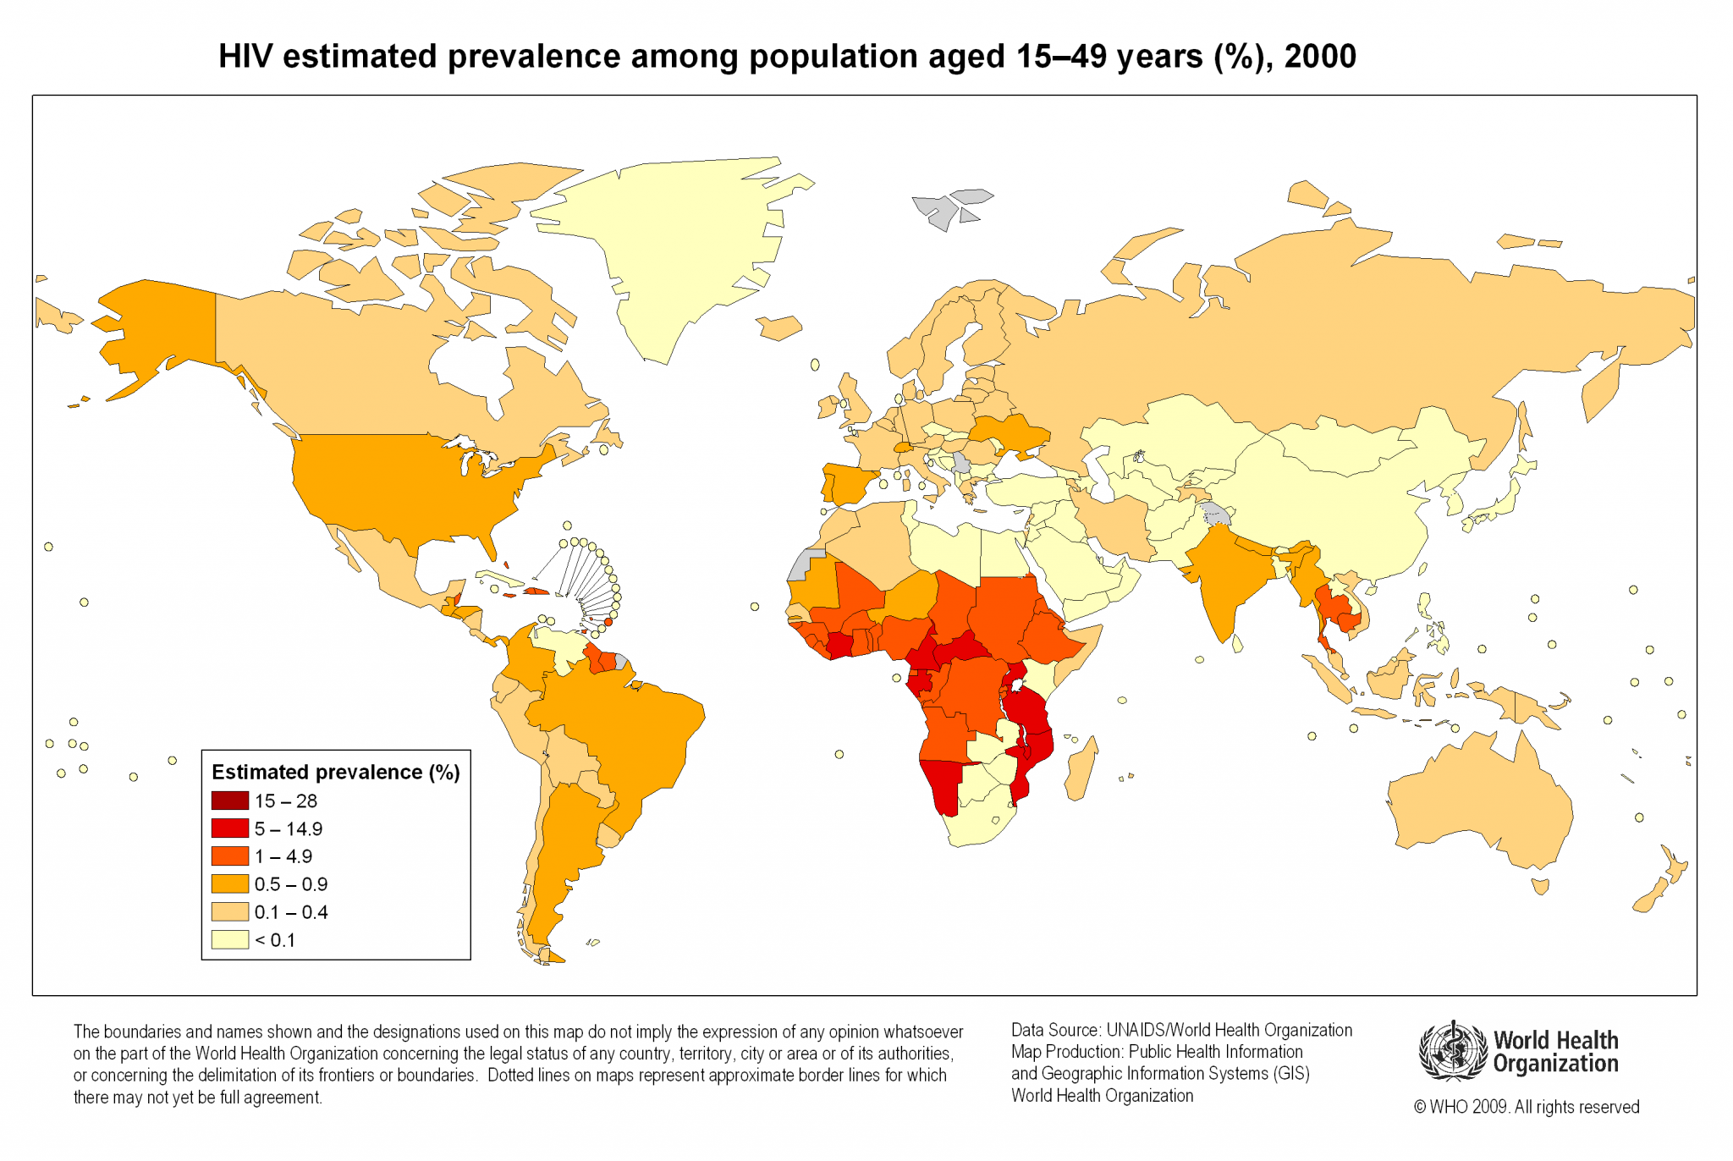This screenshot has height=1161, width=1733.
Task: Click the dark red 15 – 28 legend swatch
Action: [229, 801]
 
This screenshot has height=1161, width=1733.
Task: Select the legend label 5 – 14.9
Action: [288, 829]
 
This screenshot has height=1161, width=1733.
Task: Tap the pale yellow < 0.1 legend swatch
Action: [229, 940]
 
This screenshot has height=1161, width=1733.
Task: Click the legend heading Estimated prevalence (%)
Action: [335, 773]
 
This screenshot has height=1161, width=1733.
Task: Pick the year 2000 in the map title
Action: [1320, 57]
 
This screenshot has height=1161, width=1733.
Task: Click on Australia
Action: [1481, 804]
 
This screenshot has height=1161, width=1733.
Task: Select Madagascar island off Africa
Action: [1081, 770]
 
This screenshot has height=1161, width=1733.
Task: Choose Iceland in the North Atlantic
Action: [778, 327]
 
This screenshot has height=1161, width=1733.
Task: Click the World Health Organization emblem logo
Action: [1452, 1051]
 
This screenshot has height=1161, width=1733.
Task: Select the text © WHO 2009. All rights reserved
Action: [1526, 1107]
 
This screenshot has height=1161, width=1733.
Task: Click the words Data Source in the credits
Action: [1055, 1030]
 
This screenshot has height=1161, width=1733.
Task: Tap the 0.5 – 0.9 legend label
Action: [290, 884]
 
